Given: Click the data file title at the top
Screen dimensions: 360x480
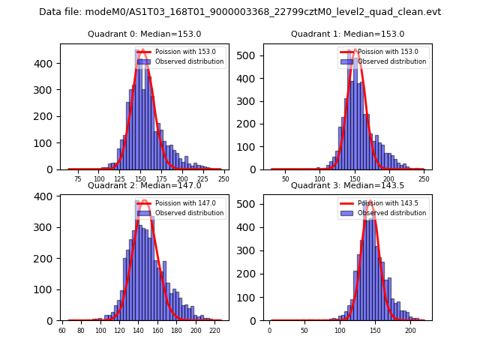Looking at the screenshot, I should coord(240,12).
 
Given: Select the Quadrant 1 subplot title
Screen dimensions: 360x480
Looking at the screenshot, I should coord(347,34).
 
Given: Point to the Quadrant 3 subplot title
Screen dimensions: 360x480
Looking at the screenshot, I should coord(347,185).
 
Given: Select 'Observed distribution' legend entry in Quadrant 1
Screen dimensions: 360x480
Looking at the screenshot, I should coord(400,61).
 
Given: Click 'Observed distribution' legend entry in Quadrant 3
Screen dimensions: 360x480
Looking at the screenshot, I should coord(400,213).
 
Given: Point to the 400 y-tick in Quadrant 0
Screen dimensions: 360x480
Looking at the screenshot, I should coord(46,64).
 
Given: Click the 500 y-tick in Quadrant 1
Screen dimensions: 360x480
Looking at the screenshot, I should coord(251,56).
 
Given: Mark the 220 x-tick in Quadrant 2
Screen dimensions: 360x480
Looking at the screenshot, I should coord(214,331).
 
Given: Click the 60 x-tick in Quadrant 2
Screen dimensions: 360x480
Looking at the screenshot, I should coord(62,331).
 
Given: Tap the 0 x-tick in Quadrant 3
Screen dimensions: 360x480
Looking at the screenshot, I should coord(270,331).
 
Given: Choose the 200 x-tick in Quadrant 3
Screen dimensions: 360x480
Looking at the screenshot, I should coord(410,331).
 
